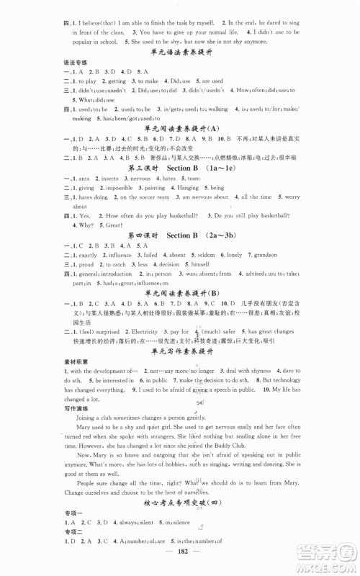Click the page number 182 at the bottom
click(x=180, y=563)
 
